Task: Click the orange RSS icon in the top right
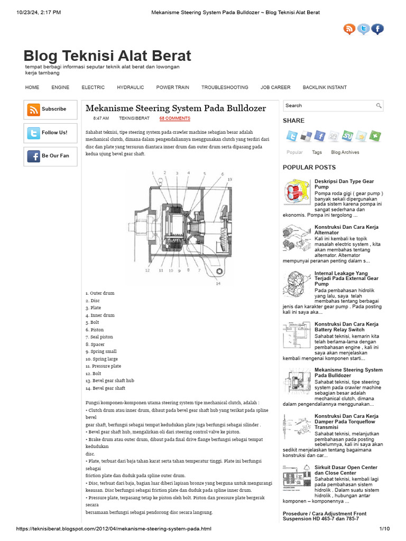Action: tap(349, 30)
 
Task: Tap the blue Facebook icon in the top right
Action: tap(377, 30)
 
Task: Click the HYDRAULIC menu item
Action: tap(130, 87)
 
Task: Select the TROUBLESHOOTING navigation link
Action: tap(224, 87)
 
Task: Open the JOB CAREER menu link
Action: tap(275, 87)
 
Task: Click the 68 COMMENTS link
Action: tap(174, 118)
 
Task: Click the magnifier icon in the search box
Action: tap(379, 106)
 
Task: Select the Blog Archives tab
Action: tap(345, 152)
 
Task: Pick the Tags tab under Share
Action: tap(317, 152)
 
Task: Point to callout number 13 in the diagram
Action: tap(229, 180)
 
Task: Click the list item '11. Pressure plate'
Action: tap(103, 366)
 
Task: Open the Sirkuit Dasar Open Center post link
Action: tap(346, 470)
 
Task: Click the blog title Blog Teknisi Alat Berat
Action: tap(107, 56)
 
